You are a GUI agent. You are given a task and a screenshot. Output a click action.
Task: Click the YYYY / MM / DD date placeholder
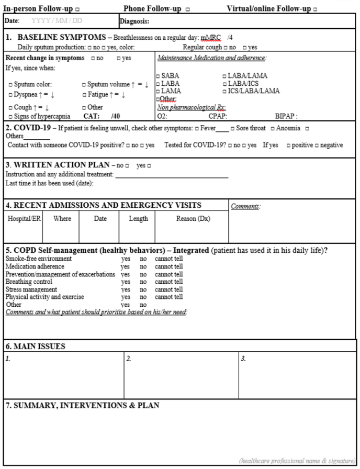(57, 21)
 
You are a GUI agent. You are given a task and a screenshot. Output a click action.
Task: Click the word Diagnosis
(134, 21)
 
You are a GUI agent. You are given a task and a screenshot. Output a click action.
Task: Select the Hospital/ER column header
(22, 218)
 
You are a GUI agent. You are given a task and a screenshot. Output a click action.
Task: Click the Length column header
(138, 218)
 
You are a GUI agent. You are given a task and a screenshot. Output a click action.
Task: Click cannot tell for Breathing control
(168, 282)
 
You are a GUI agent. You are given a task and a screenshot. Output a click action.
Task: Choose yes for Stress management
(126, 289)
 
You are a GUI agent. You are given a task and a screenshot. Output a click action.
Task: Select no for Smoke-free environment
(143, 259)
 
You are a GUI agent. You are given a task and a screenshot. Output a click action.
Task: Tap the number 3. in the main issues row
(243, 359)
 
